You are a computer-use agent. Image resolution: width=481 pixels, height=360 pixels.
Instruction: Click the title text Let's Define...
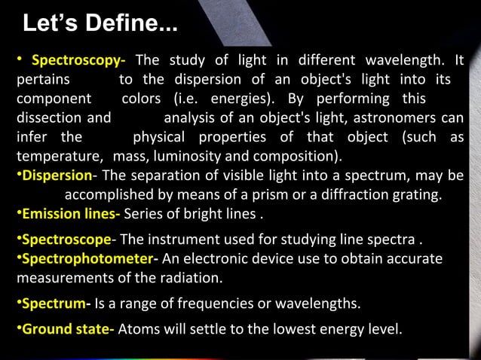tap(100, 23)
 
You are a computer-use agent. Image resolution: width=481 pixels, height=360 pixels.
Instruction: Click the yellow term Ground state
tap(67, 329)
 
